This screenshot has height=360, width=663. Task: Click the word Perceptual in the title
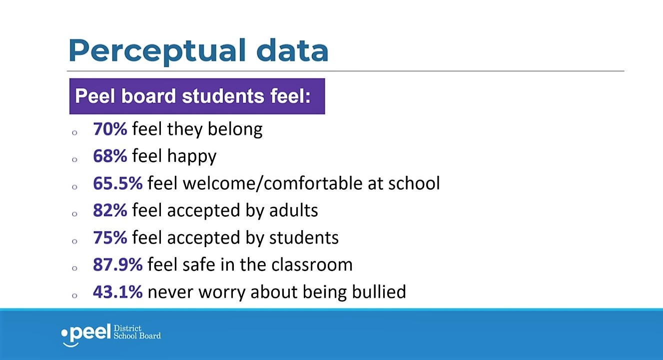157,51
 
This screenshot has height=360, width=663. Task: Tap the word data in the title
292,50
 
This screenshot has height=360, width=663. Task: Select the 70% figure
110,129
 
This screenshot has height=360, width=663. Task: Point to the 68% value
110,156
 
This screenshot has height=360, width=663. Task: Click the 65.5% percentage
118,183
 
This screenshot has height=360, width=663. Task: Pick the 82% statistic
110,210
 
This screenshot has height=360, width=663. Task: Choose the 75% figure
110,238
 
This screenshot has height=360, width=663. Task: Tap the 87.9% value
118,265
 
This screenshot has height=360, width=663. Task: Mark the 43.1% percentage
118,292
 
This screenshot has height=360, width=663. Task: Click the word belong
235,130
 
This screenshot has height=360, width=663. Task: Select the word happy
192,157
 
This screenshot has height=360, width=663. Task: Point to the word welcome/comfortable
273,183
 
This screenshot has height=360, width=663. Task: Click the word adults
294,210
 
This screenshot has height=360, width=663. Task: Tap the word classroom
312,265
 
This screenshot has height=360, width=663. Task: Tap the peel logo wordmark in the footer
86,334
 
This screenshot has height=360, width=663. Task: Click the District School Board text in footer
137,332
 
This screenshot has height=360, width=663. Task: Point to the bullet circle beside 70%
74,133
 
